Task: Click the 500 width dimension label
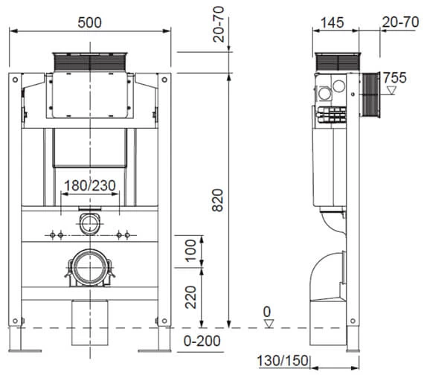[89, 22]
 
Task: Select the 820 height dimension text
[217, 199]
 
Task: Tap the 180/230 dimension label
[89, 185]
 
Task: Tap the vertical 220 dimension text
[190, 298]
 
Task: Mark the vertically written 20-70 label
[217, 31]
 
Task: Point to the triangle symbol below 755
[392, 90]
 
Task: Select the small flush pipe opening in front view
[89, 221]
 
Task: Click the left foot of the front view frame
[17, 339]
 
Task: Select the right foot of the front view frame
[163, 339]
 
